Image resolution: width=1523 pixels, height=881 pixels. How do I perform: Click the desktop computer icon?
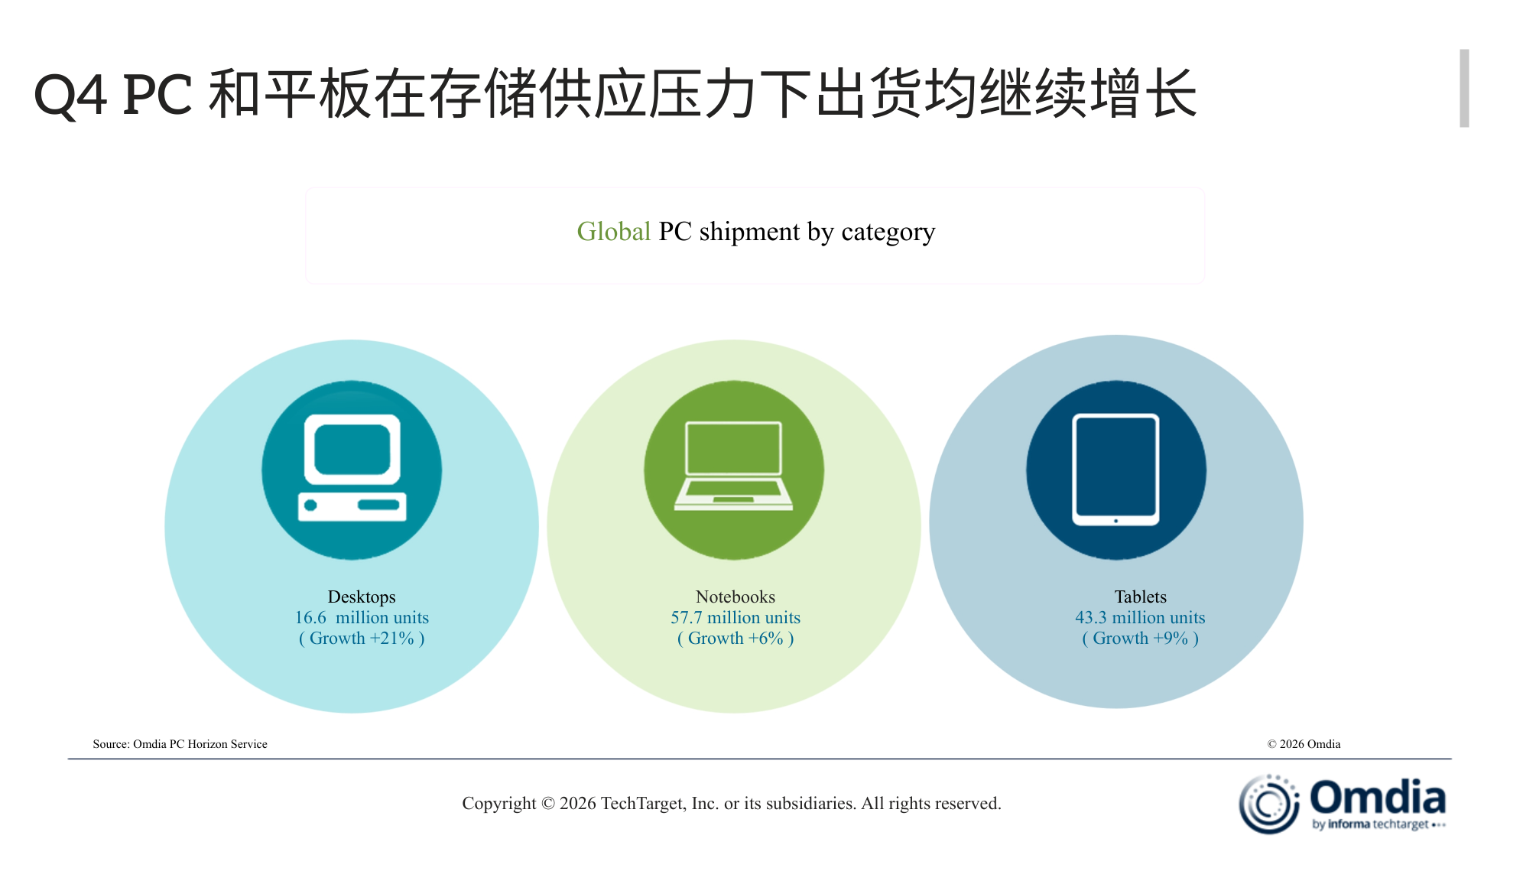coord(352,469)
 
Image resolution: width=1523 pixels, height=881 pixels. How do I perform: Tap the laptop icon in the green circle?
coord(734,467)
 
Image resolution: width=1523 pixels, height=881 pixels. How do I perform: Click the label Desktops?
coord(362,597)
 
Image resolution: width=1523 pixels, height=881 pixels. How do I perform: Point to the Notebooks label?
coord(736,597)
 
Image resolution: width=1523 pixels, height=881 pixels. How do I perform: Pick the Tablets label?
coord(1140,597)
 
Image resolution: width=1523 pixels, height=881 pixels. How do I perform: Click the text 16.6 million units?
coord(362,617)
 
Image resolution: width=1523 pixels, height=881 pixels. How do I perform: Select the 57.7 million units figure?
coord(736,617)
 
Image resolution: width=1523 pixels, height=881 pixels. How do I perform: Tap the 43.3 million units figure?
coord(1140,617)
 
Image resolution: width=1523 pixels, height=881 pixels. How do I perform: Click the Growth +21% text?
coord(362,638)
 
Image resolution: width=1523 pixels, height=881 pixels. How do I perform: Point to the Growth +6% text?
coord(736,638)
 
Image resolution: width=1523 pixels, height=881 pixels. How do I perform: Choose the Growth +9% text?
coord(1140,638)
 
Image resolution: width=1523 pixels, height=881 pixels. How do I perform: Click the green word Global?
coord(613,231)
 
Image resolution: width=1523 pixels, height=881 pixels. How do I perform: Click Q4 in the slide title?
coord(70,96)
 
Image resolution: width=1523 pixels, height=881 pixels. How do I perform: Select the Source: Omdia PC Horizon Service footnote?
coord(180,744)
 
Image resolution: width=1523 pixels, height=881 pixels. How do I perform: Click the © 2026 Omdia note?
coord(1304,744)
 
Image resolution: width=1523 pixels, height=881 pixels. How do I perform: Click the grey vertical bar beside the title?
coord(1464,88)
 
